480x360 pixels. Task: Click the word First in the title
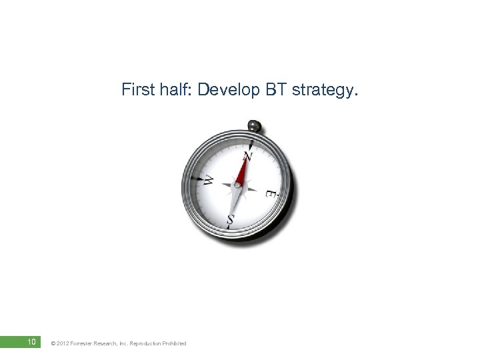(136, 90)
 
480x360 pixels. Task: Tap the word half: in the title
(171, 90)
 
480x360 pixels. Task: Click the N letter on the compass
(247, 157)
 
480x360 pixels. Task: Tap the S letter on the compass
(231, 218)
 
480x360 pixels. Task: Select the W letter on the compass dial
(208, 180)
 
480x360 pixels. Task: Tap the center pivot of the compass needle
(238, 185)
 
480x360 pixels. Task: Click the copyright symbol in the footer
(53, 343)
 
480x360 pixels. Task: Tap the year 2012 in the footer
(63, 343)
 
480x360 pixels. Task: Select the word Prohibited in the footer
(176, 343)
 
